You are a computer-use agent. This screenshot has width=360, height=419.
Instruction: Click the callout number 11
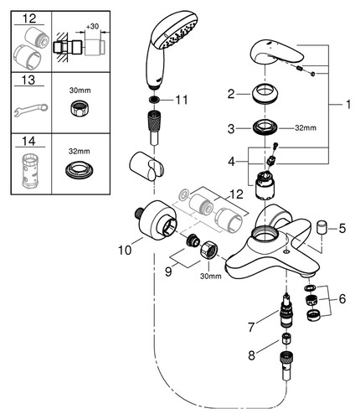pyautogui.click(x=182, y=100)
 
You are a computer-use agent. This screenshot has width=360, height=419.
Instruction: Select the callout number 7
pyautogui.click(x=251, y=327)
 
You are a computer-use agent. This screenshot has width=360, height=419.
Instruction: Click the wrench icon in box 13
pyautogui.click(x=31, y=109)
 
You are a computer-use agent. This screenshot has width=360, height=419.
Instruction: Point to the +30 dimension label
pyautogui.click(x=92, y=27)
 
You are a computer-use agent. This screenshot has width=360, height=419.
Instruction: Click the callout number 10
pyautogui.click(x=125, y=251)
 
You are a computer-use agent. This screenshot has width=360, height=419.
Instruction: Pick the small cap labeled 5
pyautogui.click(x=321, y=225)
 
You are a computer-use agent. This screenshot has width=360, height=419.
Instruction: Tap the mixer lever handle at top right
pyautogui.click(x=279, y=53)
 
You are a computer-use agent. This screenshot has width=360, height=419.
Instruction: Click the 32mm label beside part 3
pyautogui.click(x=306, y=128)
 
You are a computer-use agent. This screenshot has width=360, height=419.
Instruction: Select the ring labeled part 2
pyautogui.click(x=265, y=96)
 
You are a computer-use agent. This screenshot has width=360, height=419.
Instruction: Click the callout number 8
pyautogui.click(x=252, y=355)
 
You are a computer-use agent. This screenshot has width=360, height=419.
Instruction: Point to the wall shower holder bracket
pyautogui.click(x=148, y=167)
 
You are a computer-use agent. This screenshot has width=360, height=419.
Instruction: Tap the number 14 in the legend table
pyautogui.click(x=29, y=141)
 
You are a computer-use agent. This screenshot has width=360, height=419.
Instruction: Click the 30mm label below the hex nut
pyautogui.click(x=211, y=276)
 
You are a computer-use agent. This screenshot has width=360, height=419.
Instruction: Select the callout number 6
pyautogui.click(x=342, y=299)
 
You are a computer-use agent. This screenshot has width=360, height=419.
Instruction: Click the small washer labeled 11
pyautogui.click(x=153, y=99)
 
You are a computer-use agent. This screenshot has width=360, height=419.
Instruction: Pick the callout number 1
pyautogui.click(x=347, y=105)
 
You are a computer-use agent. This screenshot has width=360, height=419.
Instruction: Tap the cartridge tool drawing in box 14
pyautogui.click(x=31, y=169)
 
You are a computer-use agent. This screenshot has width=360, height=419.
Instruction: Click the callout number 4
pyautogui.click(x=231, y=162)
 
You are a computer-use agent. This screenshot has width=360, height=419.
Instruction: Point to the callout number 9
pyautogui.click(x=168, y=272)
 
